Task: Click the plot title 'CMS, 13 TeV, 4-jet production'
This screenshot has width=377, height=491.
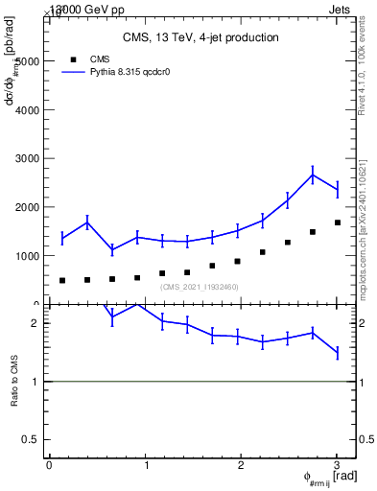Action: pos(200,37)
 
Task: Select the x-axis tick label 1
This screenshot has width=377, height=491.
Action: pos(145,465)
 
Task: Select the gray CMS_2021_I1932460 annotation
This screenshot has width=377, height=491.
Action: pos(200,287)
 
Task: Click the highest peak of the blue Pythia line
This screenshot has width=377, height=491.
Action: pos(313,174)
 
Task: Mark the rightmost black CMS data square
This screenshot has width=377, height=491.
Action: pos(337,222)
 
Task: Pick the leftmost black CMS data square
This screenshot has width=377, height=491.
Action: pos(62,281)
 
